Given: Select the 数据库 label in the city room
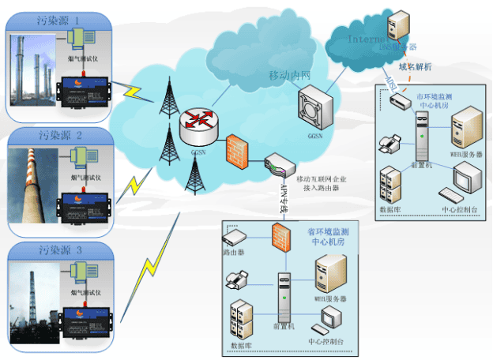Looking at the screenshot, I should [392, 209].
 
